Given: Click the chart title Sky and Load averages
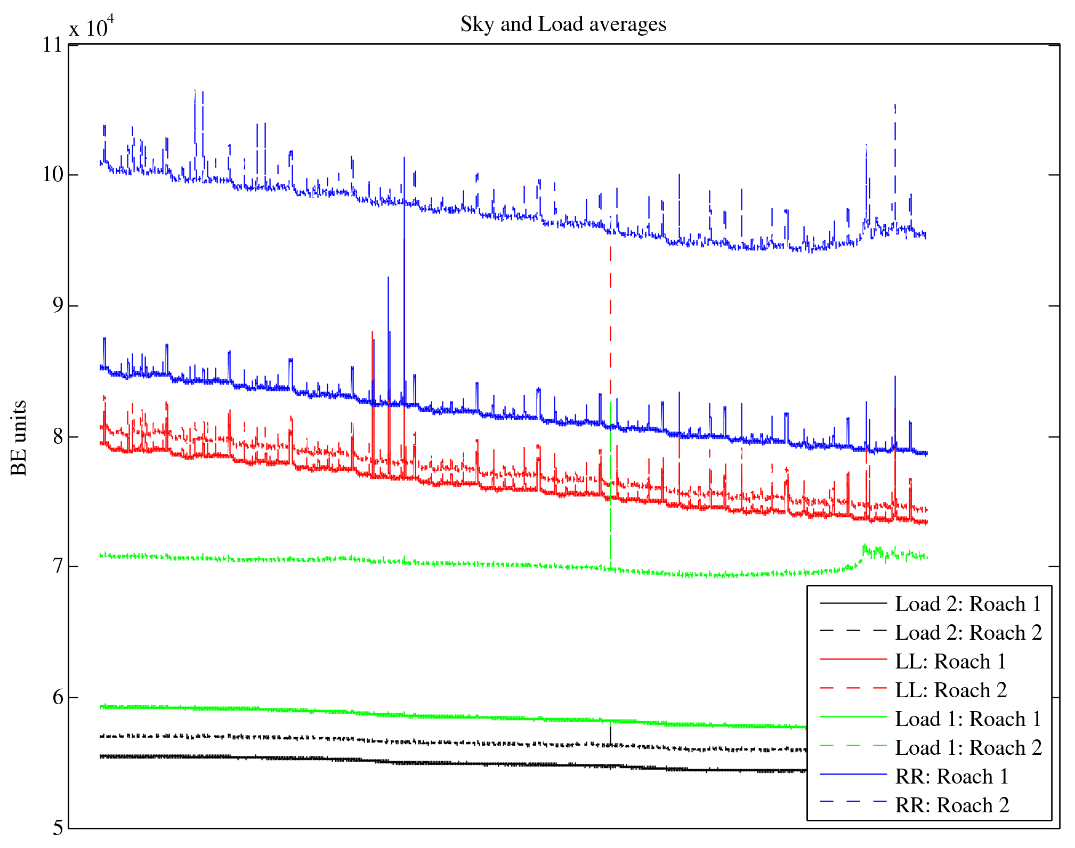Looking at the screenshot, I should tap(563, 25).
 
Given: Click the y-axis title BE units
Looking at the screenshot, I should tap(19, 438).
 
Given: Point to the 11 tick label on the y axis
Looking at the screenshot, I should tap(53, 45).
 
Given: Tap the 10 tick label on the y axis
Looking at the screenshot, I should tap(53, 175).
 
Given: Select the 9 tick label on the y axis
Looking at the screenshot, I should tap(58, 305).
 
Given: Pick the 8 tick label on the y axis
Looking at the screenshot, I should tap(58, 437).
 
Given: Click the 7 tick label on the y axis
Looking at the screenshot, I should tap(58, 566).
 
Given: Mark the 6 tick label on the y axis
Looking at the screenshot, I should tap(58, 697).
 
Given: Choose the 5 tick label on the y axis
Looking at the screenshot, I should tap(58, 828).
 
